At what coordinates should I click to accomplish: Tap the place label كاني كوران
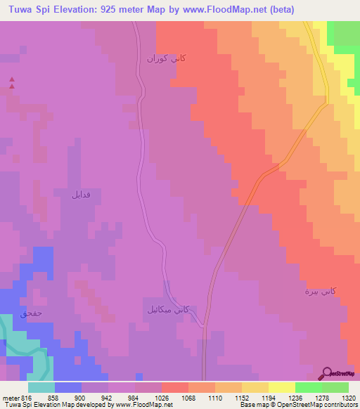[166, 59]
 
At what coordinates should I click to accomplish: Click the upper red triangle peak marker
[11, 80]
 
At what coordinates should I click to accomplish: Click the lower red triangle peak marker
[11, 87]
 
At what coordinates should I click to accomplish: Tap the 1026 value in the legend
[162, 397]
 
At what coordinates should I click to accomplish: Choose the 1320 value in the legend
[348, 397]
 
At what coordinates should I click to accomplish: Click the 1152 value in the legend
[242, 397]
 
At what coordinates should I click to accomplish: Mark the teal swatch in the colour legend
[41, 387]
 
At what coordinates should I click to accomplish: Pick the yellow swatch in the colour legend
[281, 387]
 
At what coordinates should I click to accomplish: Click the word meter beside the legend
[10, 397]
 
